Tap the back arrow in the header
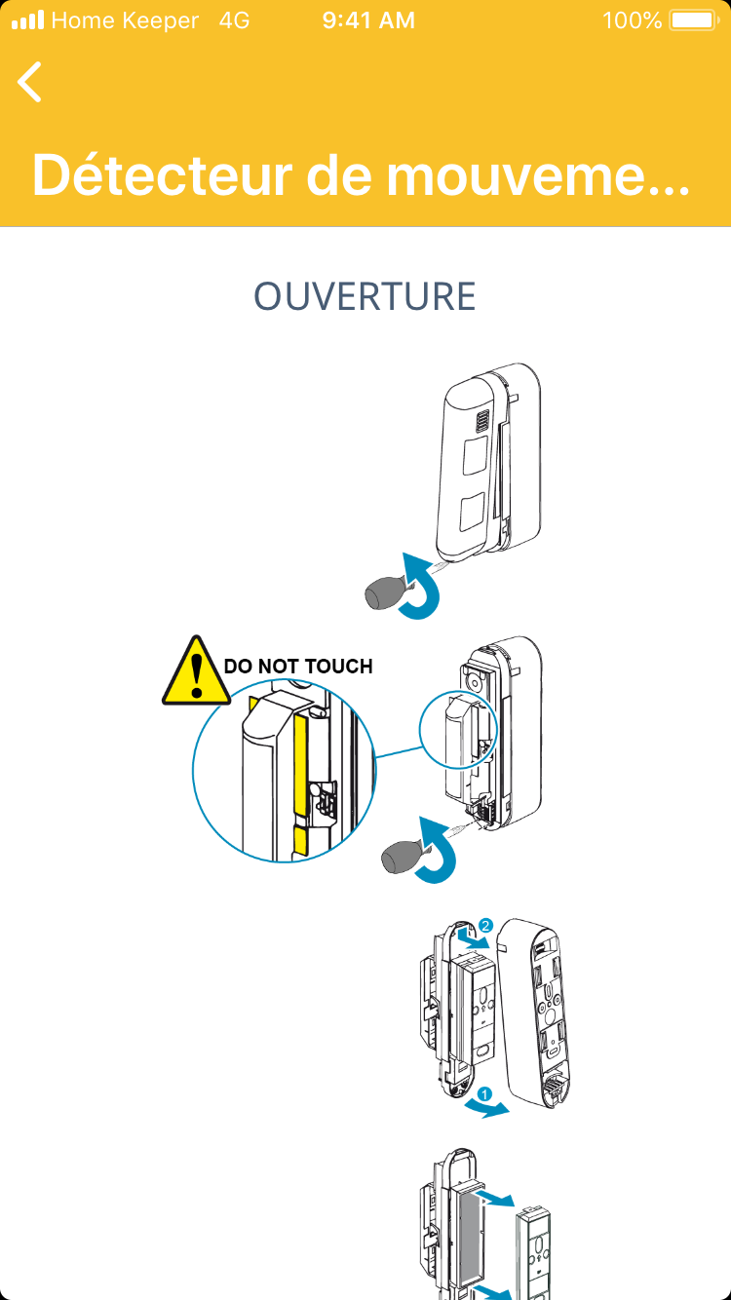30,81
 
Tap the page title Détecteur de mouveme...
361,174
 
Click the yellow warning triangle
197,671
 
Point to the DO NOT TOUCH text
298,667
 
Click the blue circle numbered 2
486,925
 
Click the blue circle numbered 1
484,1094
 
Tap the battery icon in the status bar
693,20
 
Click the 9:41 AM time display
368,20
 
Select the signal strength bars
27,20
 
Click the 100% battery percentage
632,20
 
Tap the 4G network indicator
234,20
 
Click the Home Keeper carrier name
125,20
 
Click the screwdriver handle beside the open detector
398,858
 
